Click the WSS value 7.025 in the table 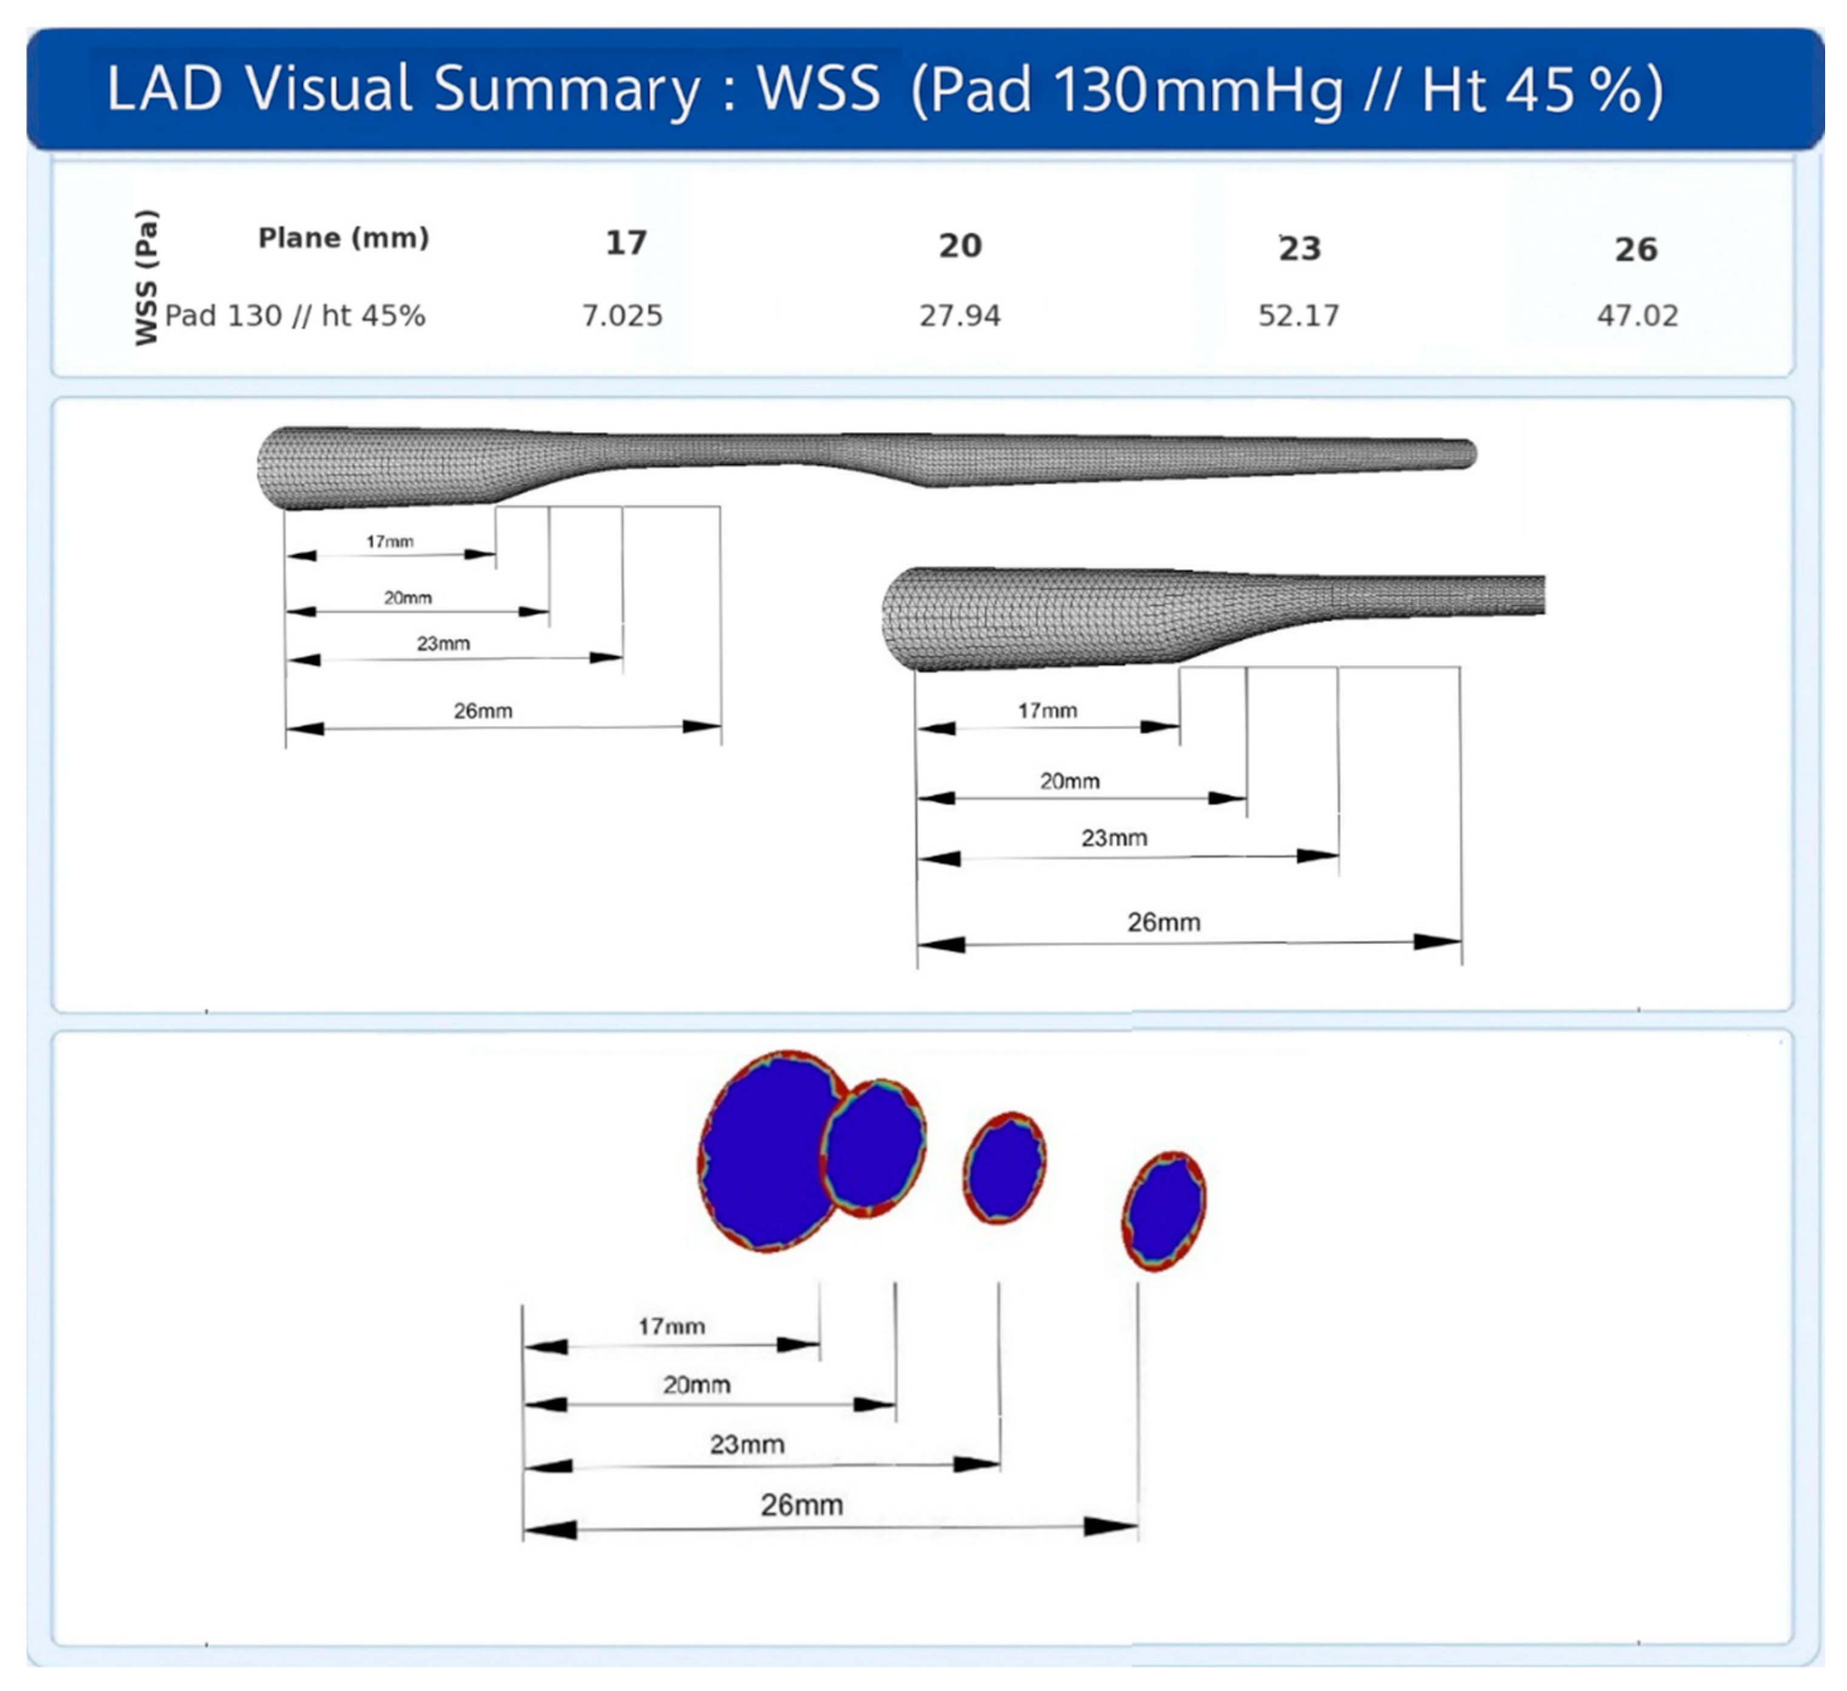tap(622, 316)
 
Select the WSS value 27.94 tap(960, 316)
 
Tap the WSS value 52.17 tap(1298, 316)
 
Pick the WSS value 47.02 tap(1637, 316)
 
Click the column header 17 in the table tap(627, 243)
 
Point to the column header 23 tap(1300, 248)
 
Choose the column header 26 tap(1636, 249)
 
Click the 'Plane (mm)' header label tap(343, 238)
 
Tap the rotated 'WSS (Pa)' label tap(147, 278)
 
